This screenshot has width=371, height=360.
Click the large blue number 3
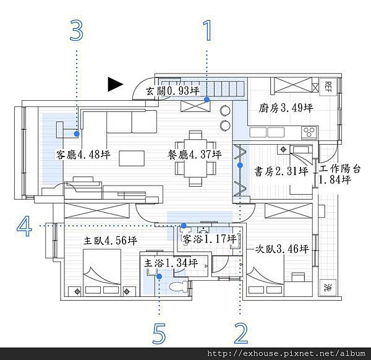(77, 30)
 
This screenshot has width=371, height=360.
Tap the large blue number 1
(208, 30)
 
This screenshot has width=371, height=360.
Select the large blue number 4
(24, 226)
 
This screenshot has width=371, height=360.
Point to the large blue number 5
(159, 333)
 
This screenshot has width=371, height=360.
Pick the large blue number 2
(241, 333)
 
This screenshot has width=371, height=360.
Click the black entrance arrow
(115, 84)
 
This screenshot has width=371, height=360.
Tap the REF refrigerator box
(328, 87)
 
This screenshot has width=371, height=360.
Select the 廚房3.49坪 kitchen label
(286, 108)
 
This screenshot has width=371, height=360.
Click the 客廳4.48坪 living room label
(83, 155)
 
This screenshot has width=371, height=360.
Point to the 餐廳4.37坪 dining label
(195, 155)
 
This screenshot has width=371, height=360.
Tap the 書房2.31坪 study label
(281, 171)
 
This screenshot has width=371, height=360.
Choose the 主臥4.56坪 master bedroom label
(110, 241)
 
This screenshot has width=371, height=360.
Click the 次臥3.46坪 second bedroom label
(282, 249)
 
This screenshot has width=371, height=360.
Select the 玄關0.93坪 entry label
(173, 91)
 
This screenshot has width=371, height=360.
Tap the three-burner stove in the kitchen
(309, 132)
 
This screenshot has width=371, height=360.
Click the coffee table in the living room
(132, 158)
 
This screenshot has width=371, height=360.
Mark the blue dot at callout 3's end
(77, 134)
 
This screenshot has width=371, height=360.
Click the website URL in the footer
(286, 354)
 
